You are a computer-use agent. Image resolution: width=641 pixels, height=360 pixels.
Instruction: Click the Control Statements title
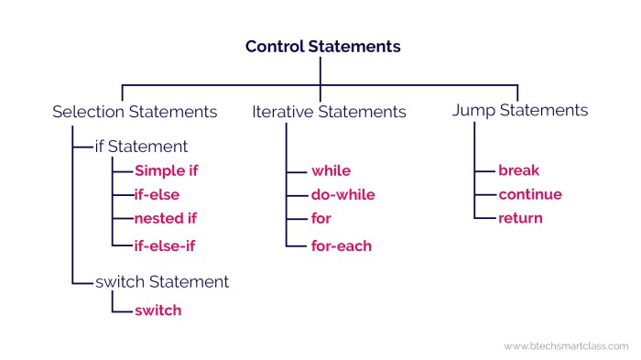323,47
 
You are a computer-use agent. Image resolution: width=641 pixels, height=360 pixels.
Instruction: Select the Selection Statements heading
135,112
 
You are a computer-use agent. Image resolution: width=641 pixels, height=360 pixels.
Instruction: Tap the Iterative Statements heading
329,112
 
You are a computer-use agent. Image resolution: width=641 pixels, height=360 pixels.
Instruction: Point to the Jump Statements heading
520,111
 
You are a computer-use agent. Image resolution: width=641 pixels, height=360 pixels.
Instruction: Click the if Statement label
141,147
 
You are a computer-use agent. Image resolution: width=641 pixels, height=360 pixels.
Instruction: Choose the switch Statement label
162,282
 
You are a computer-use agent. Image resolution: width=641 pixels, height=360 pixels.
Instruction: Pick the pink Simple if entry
167,171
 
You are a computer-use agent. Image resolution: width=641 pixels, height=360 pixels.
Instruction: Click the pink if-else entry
157,195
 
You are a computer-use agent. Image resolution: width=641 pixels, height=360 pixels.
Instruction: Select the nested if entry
166,218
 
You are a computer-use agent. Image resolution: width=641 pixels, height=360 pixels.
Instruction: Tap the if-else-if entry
165,245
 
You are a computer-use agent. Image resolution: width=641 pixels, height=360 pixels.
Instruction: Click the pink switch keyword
158,311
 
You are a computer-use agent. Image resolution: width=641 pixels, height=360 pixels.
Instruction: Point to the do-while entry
343,195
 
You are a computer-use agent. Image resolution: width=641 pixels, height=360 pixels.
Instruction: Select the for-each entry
342,245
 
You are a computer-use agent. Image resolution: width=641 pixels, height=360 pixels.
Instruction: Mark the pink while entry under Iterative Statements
331,171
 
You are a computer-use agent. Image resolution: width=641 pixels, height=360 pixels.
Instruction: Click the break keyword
519,170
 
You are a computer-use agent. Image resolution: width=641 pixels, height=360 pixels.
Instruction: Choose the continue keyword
530,194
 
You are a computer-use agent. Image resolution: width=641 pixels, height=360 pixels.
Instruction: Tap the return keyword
520,218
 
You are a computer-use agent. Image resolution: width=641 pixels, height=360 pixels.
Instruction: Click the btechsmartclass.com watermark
566,346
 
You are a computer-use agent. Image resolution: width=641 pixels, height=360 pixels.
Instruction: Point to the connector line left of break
484,171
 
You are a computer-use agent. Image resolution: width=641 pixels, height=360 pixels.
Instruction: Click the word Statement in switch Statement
189,282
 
